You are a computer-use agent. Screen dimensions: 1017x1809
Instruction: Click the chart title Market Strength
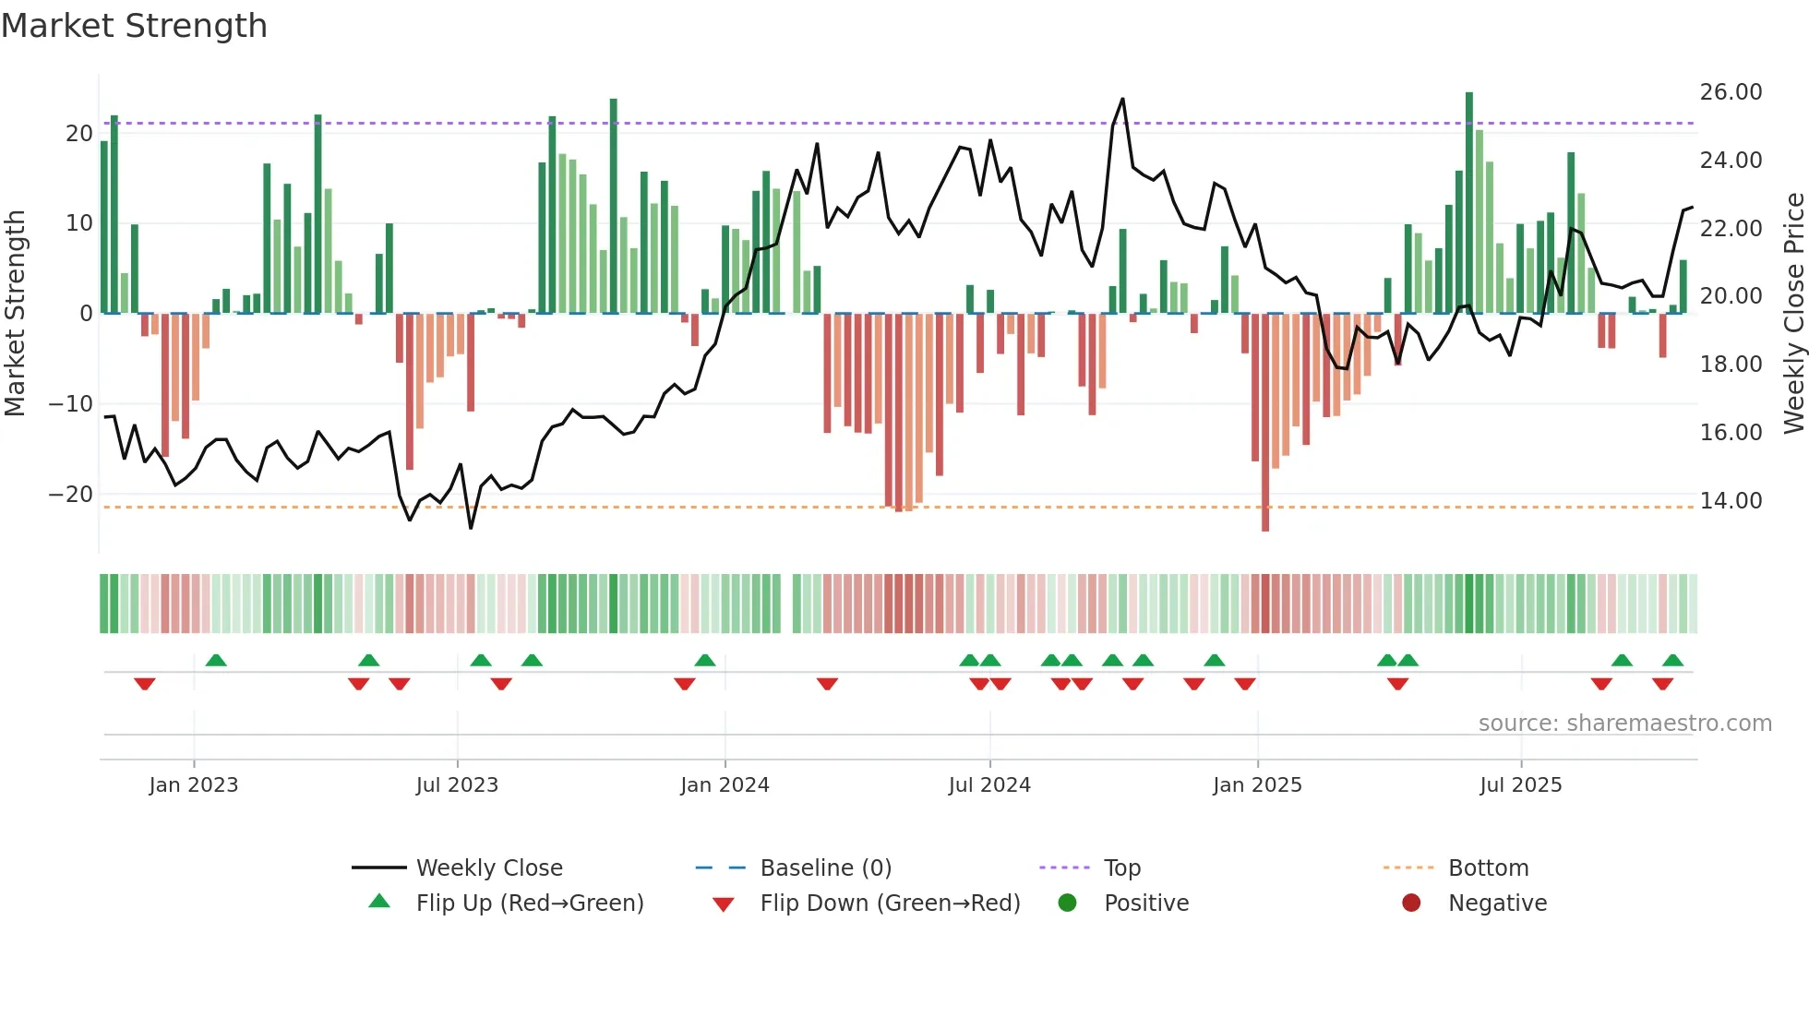point(134,26)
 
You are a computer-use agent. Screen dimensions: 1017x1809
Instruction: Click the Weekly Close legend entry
point(488,868)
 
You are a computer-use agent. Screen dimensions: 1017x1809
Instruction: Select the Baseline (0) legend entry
point(825,868)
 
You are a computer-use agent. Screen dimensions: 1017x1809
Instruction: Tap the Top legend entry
point(1121,868)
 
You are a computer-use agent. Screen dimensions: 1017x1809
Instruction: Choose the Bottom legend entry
point(1488,868)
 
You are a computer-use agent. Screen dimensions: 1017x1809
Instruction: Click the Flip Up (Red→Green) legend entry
point(529,903)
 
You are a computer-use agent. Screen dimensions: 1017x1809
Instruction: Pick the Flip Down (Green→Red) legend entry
point(890,903)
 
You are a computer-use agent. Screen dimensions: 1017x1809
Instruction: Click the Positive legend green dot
point(1068,903)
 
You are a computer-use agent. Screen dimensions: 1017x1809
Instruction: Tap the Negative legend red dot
point(1411,903)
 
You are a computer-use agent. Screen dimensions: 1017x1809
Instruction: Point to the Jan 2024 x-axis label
point(725,785)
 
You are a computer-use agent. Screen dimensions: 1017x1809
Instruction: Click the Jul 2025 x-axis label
point(1520,785)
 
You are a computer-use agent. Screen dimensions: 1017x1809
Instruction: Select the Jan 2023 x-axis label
point(194,785)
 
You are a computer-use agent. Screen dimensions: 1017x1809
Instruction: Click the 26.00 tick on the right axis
point(1731,92)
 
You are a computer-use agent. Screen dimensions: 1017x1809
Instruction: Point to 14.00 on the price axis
point(1731,501)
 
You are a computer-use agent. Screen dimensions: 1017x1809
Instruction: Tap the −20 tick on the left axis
point(71,495)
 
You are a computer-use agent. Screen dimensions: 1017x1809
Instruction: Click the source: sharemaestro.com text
point(1624,724)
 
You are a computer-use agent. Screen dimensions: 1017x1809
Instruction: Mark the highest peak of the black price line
point(1122,99)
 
